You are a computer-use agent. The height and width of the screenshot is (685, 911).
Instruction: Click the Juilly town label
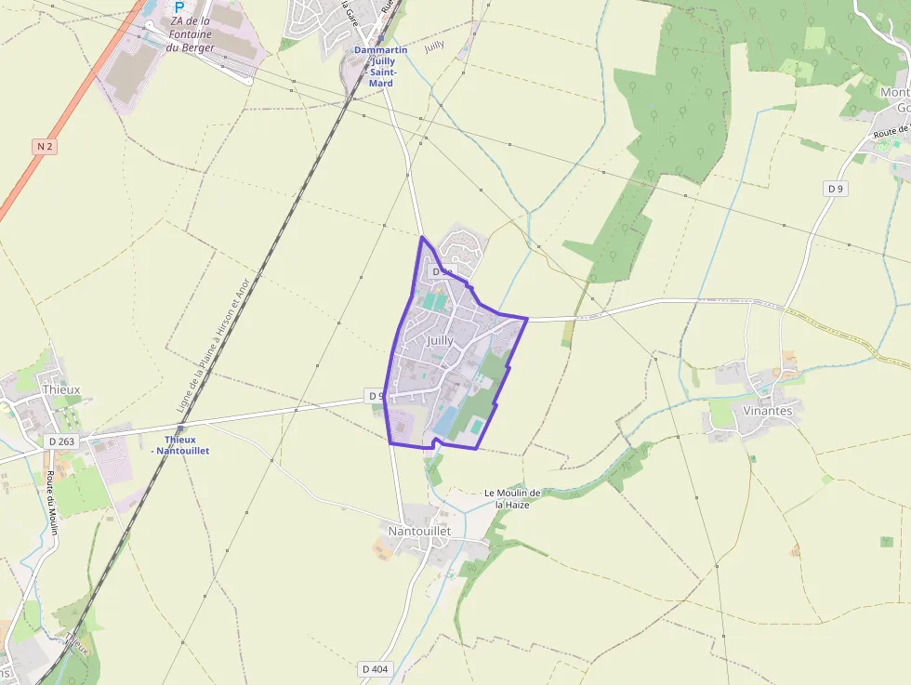click(x=440, y=340)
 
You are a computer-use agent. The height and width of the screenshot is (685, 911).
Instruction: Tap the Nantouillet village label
click(x=419, y=531)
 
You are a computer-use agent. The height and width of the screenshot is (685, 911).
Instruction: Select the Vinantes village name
click(x=768, y=410)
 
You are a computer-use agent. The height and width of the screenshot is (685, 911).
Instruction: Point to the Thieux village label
click(x=61, y=389)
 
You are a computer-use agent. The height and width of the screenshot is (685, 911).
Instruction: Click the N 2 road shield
click(x=45, y=147)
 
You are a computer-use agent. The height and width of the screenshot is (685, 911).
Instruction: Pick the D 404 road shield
click(x=375, y=668)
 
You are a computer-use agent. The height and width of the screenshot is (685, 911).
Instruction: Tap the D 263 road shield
click(x=61, y=441)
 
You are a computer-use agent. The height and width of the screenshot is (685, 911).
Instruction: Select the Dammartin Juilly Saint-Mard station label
click(x=380, y=66)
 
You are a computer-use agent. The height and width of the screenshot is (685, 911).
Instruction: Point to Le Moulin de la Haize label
click(x=512, y=498)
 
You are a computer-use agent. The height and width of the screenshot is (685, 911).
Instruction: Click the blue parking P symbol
click(x=179, y=7)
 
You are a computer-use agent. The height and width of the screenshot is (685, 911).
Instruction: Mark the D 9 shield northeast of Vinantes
click(x=836, y=189)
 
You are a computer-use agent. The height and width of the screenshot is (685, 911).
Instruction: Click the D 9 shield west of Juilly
click(x=376, y=396)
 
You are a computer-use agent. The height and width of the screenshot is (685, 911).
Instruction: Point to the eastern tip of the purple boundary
click(x=527, y=319)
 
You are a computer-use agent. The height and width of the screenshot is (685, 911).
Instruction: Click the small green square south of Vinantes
click(x=887, y=541)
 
